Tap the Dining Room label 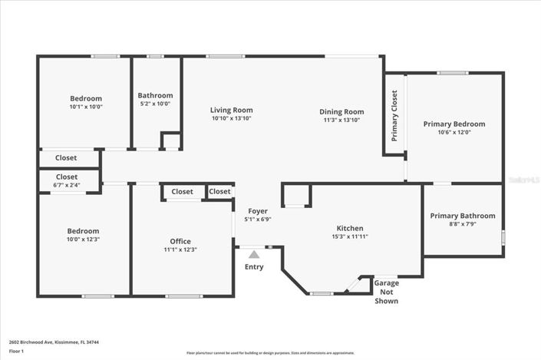click(x=341, y=111)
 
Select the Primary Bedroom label click(x=454, y=124)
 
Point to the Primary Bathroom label click(x=462, y=216)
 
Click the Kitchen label click(x=350, y=228)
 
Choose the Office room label click(x=180, y=241)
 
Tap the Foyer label click(x=258, y=211)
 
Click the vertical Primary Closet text click(x=394, y=116)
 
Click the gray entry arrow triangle click(x=253, y=253)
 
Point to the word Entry click(x=253, y=267)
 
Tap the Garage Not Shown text click(x=386, y=292)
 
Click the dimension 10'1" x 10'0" click(x=86, y=107)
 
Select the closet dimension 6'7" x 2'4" click(x=67, y=184)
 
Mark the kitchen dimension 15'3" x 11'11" click(x=350, y=236)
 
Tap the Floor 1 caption click(x=16, y=351)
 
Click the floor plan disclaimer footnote click(x=270, y=353)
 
